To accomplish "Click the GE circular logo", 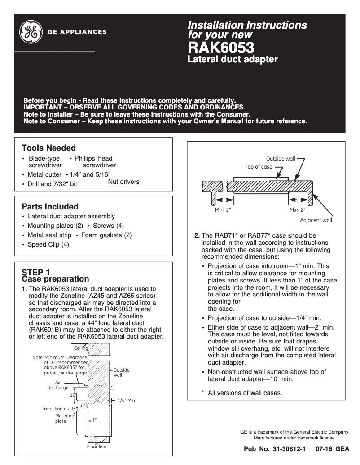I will click(x=31, y=32).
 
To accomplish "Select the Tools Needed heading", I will click(x=48, y=148).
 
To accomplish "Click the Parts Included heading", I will click(x=50, y=207).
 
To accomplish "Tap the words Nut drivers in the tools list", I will click(x=123, y=182).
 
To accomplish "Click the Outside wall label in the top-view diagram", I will click(x=281, y=159).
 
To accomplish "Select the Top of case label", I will click(x=258, y=167).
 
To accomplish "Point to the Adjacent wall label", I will click(x=316, y=220).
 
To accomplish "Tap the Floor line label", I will click(x=97, y=447).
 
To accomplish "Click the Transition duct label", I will click(x=57, y=409).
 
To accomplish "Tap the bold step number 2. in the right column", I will click(x=197, y=235).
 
